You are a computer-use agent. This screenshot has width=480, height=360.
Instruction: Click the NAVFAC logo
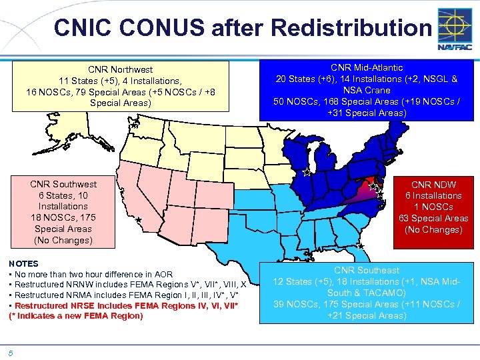click(x=455, y=29)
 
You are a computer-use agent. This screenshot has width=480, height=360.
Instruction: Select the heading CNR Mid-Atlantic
click(x=367, y=67)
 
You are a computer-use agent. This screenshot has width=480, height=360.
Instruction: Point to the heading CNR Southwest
click(x=63, y=184)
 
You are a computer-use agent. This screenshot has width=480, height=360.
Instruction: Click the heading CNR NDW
click(x=434, y=184)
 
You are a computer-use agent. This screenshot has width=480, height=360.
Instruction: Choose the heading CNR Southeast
click(x=367, y=270)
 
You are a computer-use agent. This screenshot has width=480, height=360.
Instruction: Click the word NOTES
click(x=23, y=263)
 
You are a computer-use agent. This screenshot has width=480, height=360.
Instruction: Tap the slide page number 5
click(x=11, y=353)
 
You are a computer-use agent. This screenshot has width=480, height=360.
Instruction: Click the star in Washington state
click(x=134, y=125)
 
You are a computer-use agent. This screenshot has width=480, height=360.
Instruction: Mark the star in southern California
click(x=139, y=220)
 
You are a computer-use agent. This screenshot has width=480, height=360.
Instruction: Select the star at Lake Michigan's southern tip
click(x=305, y=172)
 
